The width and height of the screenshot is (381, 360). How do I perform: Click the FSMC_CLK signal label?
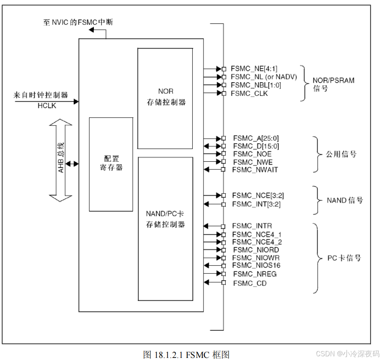point(249,93)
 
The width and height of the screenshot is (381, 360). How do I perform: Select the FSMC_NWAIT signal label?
point(255,169)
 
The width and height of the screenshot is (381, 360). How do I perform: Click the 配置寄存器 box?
point(111,164)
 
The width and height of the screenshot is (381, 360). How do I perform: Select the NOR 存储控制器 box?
point(165,98)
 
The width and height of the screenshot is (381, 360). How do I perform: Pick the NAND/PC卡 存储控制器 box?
point(165,228)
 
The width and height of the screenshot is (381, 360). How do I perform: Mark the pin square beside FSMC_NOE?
point(223,153)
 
